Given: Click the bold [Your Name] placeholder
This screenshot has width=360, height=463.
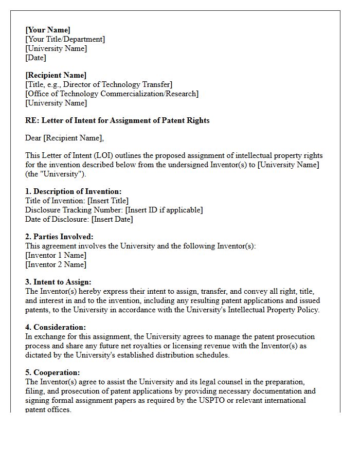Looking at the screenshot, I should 48,30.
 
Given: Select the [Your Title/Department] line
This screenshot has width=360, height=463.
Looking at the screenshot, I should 65,39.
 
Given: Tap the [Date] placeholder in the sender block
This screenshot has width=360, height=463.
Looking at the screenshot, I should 35,58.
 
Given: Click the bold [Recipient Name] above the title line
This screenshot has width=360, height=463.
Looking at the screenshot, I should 56,75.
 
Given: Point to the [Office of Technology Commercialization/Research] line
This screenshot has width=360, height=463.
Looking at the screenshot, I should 112,94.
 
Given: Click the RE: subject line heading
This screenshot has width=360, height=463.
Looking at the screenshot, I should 117,120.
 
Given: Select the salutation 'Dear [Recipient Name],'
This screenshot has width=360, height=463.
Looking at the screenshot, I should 64,138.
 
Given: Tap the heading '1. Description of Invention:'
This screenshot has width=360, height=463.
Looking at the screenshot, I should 74,191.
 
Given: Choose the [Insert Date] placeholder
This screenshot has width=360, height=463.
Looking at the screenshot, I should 112,219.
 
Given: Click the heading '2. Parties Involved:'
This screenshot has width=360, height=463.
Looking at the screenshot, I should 59,237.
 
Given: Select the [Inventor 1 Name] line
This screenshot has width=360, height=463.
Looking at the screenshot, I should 56,255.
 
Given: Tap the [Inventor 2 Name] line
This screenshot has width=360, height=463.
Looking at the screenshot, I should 56,264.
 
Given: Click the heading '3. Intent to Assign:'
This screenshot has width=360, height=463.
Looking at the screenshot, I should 58,282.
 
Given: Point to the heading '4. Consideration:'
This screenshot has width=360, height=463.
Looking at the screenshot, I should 56,327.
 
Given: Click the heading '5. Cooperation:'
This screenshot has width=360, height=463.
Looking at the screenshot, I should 52,372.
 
